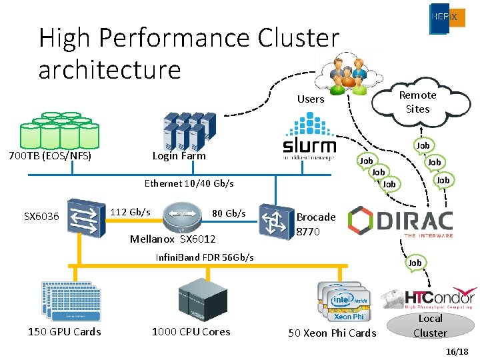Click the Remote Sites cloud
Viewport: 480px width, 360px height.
pos(417,102)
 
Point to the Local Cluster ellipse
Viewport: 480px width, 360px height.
pos(430,325)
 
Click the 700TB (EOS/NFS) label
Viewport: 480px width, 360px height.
pos(49,157)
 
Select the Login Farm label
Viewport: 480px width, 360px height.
pos(179,156)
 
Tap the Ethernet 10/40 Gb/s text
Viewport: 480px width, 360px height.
pos(189,183)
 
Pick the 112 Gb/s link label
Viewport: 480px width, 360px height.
pos(130,212)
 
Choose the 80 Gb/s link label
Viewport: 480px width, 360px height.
pos(229,213)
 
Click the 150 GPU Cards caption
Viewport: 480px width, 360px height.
pos(64,332)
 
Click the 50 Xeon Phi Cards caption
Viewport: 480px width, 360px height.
pos(332,333)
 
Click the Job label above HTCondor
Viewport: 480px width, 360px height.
pos(415,263)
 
